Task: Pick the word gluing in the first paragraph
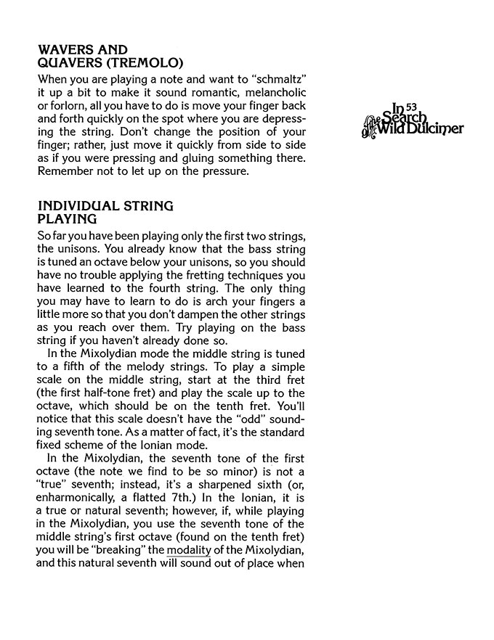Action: coord(208,157)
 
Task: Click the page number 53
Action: coord(412,106)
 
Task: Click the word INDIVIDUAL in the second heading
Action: coord(81,206)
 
